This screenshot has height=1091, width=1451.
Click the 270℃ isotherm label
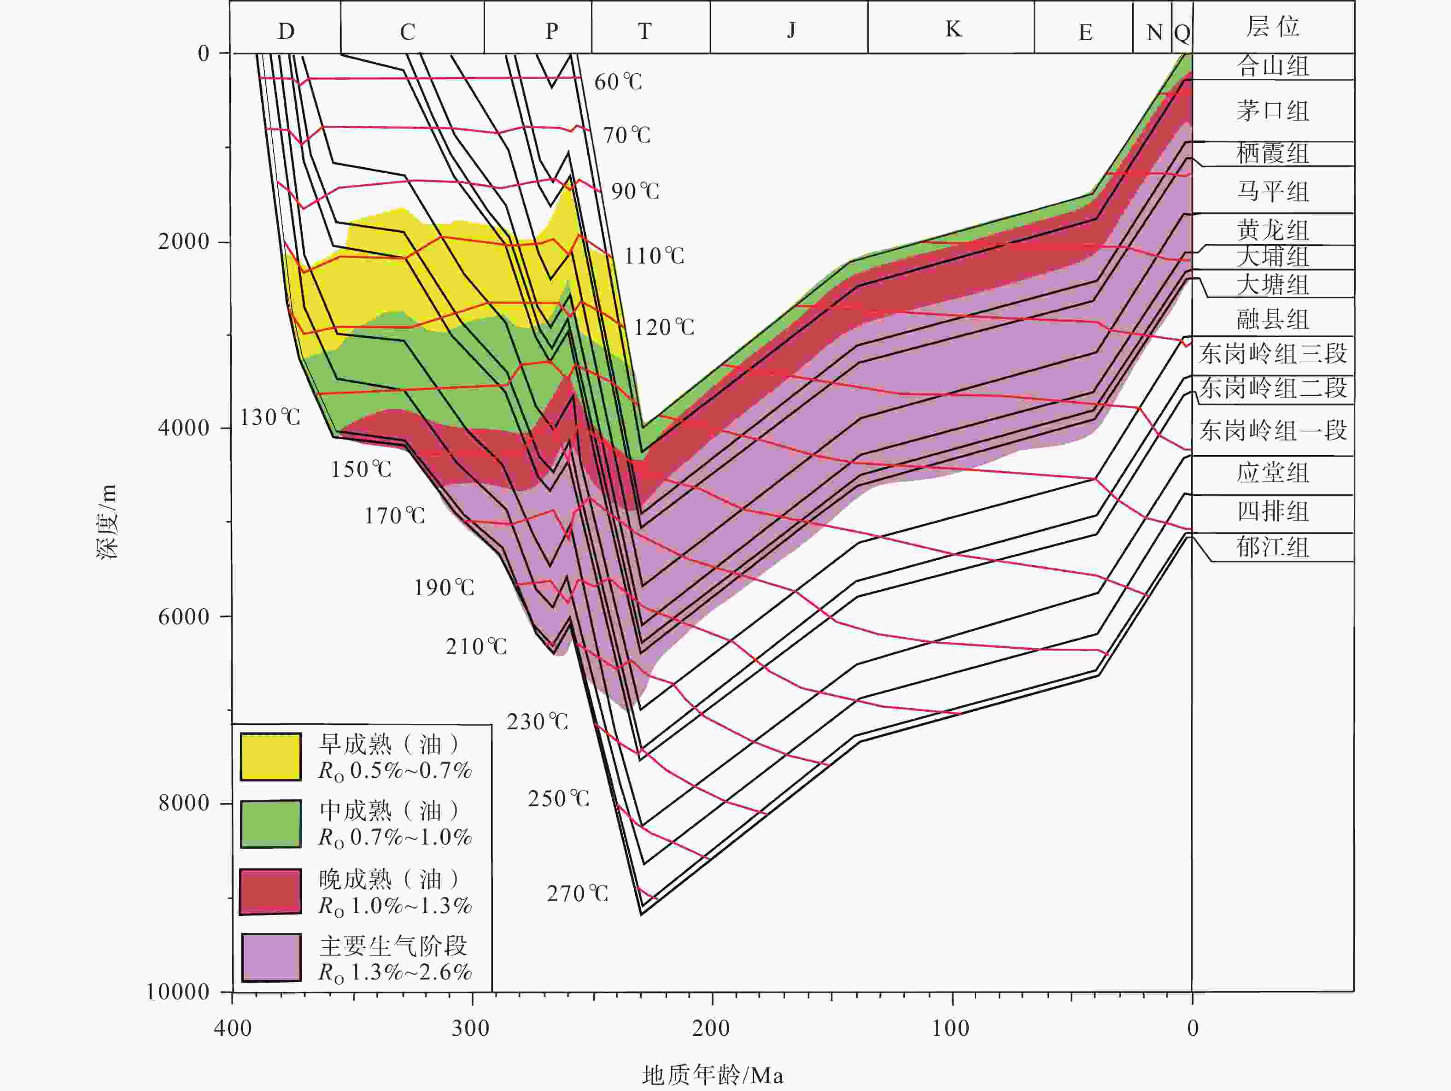[x=577, y=893]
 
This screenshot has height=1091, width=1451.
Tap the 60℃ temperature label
[x=618, y=82]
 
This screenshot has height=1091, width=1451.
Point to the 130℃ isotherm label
[x=269, y=417]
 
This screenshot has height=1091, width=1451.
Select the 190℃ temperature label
[x=444, y=587]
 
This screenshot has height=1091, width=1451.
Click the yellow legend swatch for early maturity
[x=270, y=757]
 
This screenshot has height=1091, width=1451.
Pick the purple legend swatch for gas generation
[x=270, y=957]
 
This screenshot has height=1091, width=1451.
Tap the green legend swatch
[x=270, y=824]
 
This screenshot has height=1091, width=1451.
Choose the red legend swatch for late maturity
[x=270, y=892]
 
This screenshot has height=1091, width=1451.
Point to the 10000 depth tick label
[x=177, y=991]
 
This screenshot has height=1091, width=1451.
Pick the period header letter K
[x=953, y=29]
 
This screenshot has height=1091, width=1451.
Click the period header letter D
[x=286, y=31]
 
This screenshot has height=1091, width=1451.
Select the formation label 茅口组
[x=1273, y=110]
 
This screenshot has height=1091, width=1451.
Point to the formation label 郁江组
[x=1273, y=546]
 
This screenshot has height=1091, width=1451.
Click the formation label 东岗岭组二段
[x=1273, y=388]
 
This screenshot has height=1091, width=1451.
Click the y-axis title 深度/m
[x=107, y=521]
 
